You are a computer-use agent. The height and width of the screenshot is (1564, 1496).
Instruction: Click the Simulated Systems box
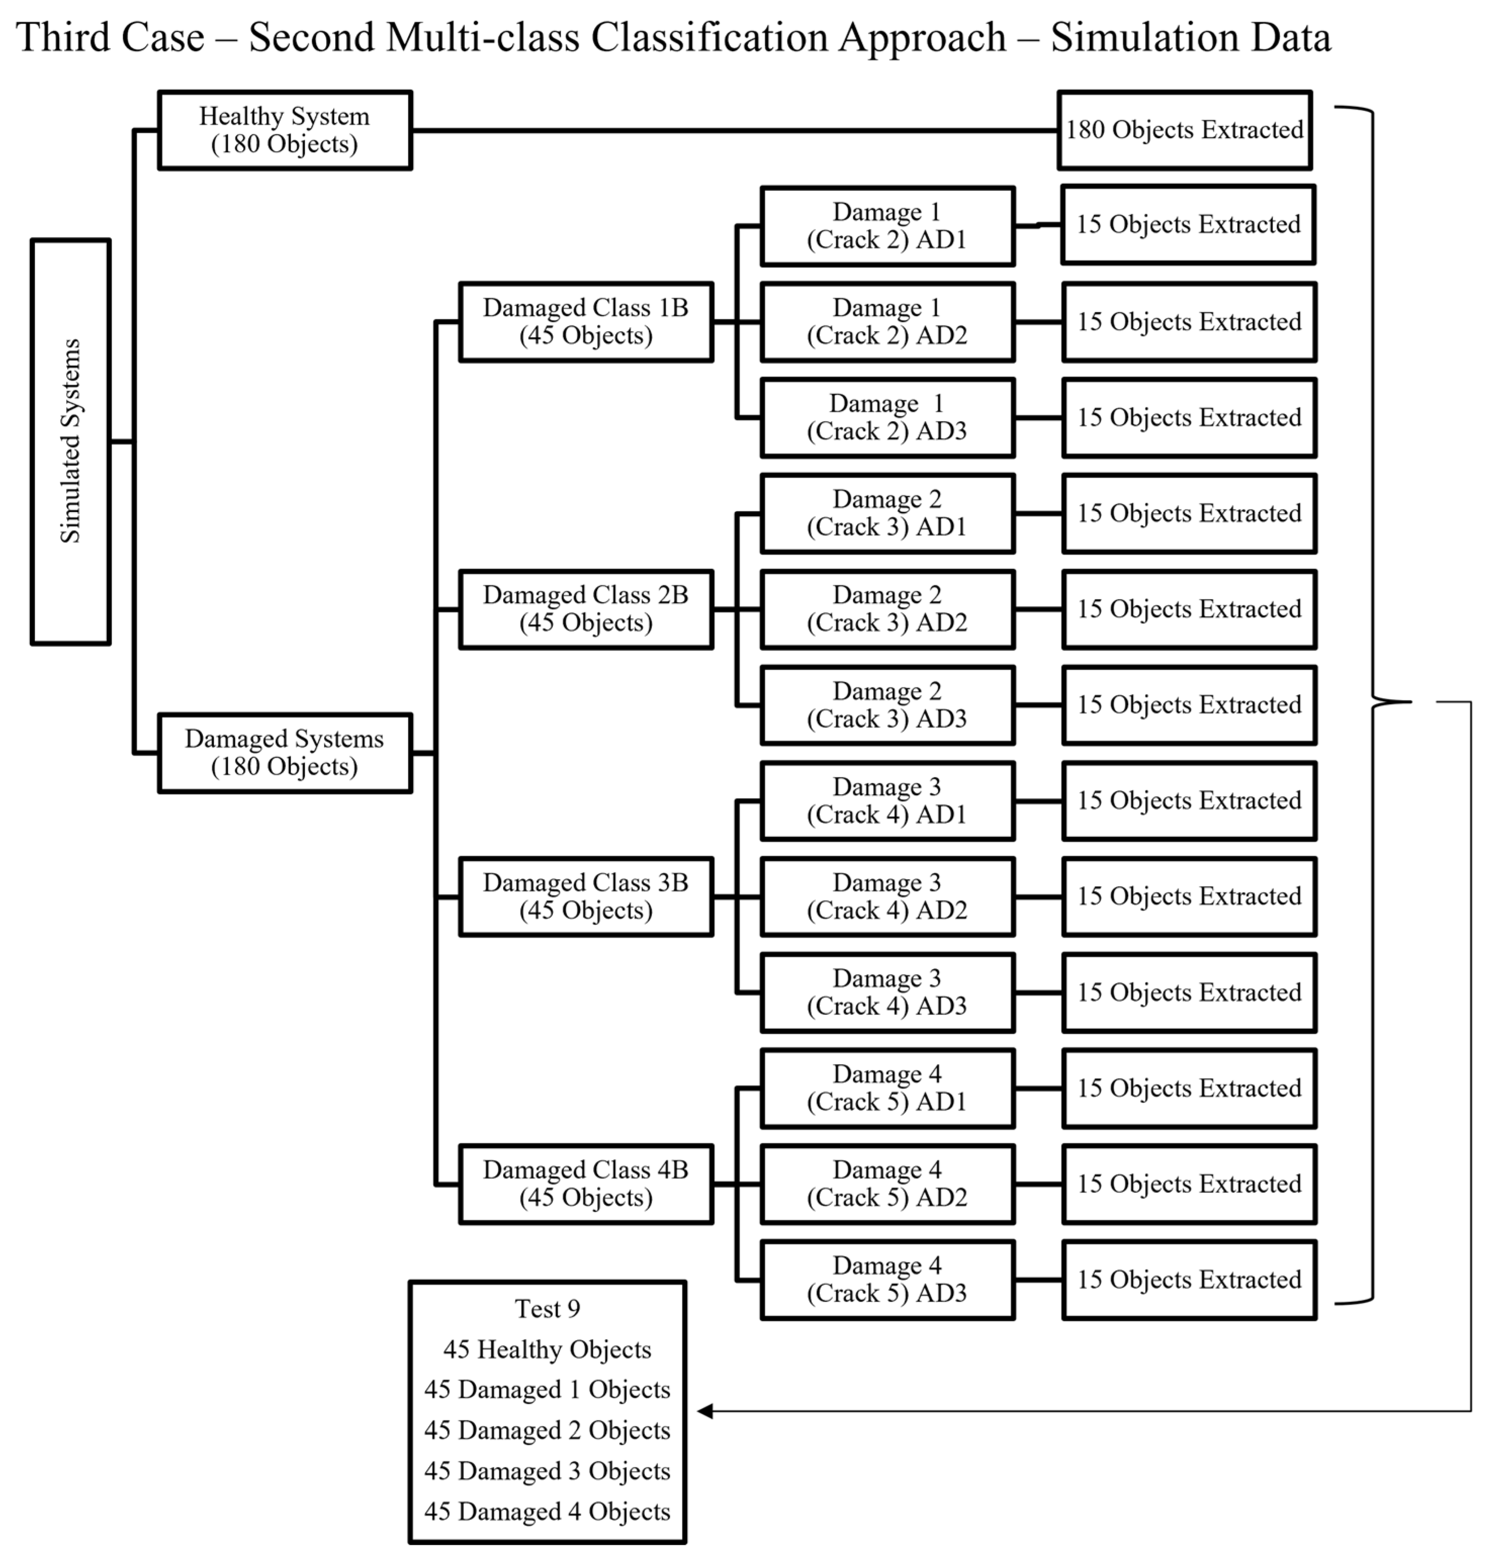[70, 441]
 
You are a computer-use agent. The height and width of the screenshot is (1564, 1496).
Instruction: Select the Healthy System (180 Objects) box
[285, 130]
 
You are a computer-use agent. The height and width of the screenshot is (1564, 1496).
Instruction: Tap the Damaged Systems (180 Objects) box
[285, 753]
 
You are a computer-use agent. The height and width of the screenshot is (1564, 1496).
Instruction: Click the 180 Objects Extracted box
[1184, 130]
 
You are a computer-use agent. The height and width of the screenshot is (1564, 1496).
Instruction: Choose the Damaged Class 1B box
[585, 321]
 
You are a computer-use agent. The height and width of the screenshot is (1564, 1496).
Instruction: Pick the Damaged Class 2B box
[585, 609]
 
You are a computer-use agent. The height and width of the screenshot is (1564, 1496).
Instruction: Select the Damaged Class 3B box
[585, 896]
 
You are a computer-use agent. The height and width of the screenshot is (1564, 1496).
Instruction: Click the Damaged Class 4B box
[585, 1184]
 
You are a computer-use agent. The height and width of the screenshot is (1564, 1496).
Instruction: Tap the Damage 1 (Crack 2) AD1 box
[887, 225]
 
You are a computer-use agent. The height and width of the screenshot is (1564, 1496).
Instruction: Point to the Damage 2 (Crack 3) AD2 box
[887, 609]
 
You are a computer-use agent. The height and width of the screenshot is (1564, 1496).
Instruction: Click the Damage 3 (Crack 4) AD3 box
[887, 992]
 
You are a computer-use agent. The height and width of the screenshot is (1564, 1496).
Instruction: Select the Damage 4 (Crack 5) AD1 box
[887, 1088]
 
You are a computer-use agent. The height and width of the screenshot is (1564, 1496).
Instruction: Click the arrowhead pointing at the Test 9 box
[704, 1411]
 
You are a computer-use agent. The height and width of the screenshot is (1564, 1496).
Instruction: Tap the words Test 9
[547, 1309]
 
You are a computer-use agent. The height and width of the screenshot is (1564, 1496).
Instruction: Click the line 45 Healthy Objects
[547, 1350]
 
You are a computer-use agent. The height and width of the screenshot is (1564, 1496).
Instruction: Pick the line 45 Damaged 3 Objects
[547, 1470]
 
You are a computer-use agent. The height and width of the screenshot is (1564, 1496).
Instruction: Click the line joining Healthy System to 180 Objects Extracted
[734, 130]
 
